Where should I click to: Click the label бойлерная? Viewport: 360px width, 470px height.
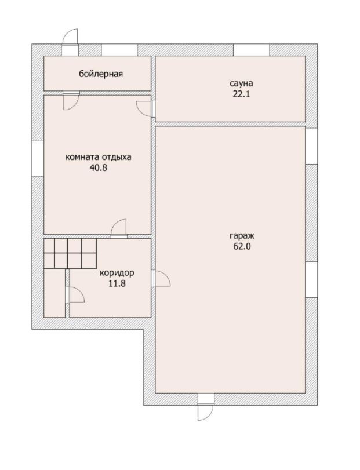point(101,74)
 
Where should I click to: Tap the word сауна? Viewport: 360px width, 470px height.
point(241,83)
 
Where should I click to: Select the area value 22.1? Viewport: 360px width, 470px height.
point(241,94)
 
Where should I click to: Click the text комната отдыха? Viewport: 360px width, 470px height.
point(99,157)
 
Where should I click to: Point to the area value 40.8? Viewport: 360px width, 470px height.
point(99,167)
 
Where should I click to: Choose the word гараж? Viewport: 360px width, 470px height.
point(242,236)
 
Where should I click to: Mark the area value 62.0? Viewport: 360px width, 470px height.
point(242,246)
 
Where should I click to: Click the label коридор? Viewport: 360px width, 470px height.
point(117,273)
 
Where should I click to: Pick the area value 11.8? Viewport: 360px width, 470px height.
point(117,283)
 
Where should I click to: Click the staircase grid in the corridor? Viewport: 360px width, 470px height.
point(70,253)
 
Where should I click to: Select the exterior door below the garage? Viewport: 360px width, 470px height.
point(206,407)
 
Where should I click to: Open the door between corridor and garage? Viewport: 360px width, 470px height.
point(161,278)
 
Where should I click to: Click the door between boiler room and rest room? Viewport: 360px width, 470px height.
point(71,101)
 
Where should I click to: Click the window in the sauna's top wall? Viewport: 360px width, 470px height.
point(251,50)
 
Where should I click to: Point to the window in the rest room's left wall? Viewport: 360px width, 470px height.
point(38,158)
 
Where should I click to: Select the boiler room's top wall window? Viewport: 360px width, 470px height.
point(119,50)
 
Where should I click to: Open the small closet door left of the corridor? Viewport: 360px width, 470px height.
point(75,295)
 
